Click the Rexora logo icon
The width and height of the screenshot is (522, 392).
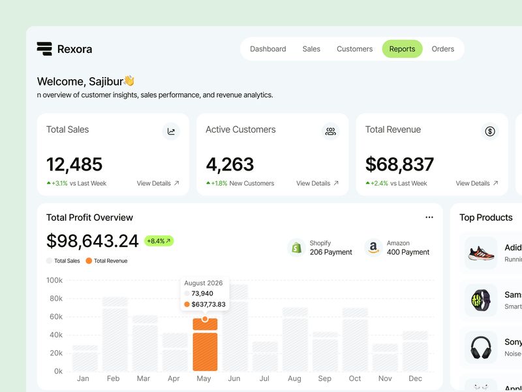coord(44,49)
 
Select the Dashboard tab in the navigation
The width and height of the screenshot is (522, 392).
coord(268,49)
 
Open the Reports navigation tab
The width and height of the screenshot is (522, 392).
coord(402,49)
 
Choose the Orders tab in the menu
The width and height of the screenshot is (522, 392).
coord(443,49)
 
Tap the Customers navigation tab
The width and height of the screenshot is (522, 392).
coord(354,49)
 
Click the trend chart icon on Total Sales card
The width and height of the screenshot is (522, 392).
coord(171,131)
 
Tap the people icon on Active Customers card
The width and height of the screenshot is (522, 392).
coord(331,131)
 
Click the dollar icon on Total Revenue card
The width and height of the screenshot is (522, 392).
coord(490,131)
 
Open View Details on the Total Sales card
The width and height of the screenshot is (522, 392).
coord(158,184)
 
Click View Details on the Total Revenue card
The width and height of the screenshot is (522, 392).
coord(477,184)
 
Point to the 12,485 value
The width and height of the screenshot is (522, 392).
coord(74,164)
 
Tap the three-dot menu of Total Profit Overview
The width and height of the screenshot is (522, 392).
coord(429,218)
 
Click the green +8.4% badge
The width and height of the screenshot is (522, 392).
coord(159,241)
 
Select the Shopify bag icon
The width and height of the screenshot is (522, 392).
coord(297,248)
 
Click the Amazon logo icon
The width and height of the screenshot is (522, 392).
coord(373,248)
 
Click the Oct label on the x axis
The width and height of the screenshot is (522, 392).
coord(355,378)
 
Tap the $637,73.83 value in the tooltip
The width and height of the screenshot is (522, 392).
coord(208,304)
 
